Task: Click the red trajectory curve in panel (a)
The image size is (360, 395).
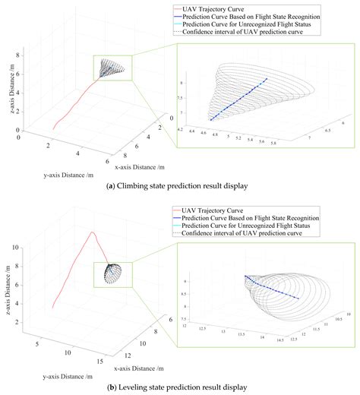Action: pyautogui.click(x=76, y=106)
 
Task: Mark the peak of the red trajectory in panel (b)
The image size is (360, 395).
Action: pyautogui.click(x=91, y=232)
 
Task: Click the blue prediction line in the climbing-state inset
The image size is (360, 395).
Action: pyautogui.click(x=239, y=99)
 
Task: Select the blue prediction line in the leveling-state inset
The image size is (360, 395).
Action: pyautogui.click(x=270, y=289)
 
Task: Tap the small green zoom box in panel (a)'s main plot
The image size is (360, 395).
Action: pyautogui.click(x=112, y=69)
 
